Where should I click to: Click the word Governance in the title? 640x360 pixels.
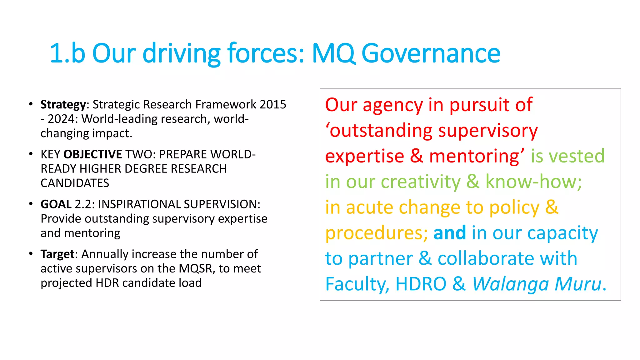point(431,53)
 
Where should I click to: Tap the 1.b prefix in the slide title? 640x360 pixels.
point(67,53)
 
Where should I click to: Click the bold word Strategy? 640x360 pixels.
point(63,105)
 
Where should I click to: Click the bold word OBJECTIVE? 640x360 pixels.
point(92,154)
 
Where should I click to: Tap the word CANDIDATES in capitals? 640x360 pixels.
point(75,183)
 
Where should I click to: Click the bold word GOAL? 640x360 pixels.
point(56,204)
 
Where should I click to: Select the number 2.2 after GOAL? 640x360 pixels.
point(83,204)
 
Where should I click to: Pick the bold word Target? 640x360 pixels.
point(57,254)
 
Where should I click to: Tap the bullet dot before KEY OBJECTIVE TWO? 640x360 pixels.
point(31,154)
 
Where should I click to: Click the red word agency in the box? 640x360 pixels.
point(392,105)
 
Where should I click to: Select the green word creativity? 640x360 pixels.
point(421,182)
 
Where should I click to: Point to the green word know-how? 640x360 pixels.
point(533,182)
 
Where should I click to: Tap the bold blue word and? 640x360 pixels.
point(449,233)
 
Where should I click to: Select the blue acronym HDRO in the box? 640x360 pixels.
point(421,284)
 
